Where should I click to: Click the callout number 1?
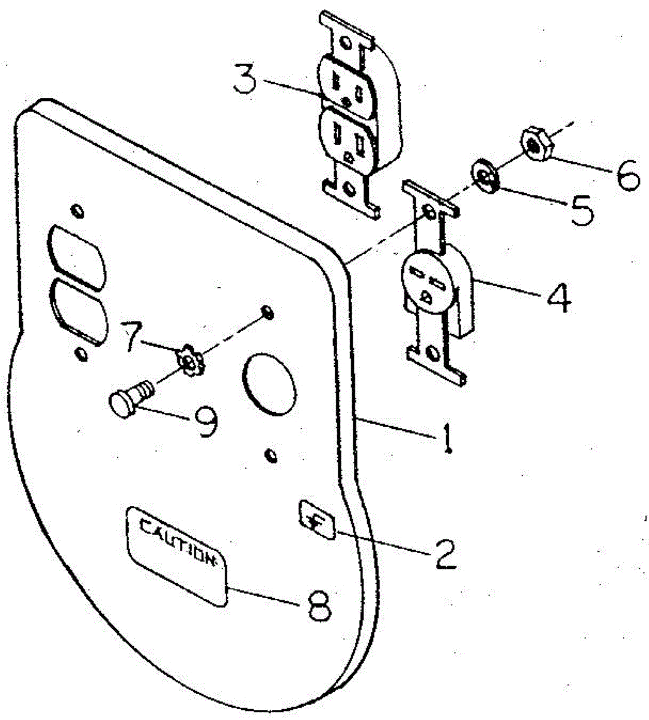point(447,440)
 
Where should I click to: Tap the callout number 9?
point(205,422)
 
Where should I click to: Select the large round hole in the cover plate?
point(269,384)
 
